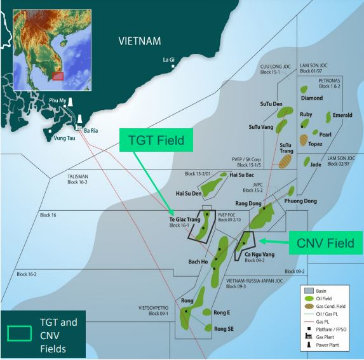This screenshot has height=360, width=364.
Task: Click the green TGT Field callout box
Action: (156, 141)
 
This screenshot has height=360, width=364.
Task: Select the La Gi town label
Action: (169, 60)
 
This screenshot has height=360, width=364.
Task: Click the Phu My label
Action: (58, 100)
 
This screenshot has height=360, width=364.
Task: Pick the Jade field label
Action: (316, 164)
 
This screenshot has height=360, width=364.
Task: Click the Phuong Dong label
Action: (301, 201)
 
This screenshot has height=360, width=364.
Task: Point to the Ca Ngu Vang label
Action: (259, 254)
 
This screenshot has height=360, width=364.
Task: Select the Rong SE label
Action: (224, 328)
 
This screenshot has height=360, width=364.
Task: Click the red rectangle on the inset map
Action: (58, 76)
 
